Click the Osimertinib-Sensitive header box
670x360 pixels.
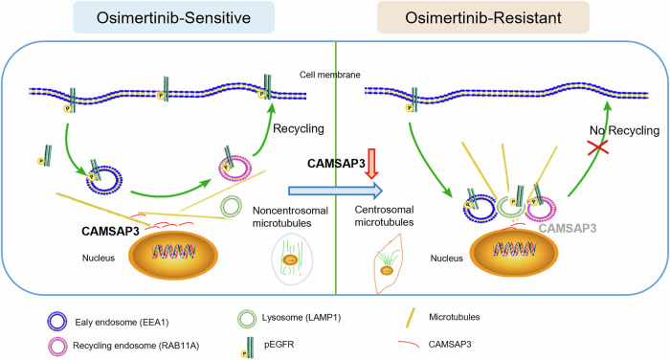pyautogui.click(x=173, y=17)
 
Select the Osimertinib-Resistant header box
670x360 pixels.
pyautogui.click(x=483, y=17)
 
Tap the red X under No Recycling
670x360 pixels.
pyautogui.click(x=598, y=147)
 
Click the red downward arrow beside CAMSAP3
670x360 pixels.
pyautogui.click(x=371, y=164)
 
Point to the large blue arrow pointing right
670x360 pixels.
pyautogui.click(x=335, y=191)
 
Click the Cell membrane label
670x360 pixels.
pyautogui.click(x=330, y=75)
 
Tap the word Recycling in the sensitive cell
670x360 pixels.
pyautogui.click(x=299, y=128)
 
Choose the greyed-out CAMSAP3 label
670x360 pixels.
pyautogui.click(x=568, y=228)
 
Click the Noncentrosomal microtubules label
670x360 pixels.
pyautogui.click(x=290, y=216)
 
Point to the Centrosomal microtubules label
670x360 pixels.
pyautogui.click(x=384, y=216)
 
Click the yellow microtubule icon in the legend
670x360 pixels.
pyautogui.click(x=410, y=318)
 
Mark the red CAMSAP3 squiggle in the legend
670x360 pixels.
pyautogui.click(x=408, y=344)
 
